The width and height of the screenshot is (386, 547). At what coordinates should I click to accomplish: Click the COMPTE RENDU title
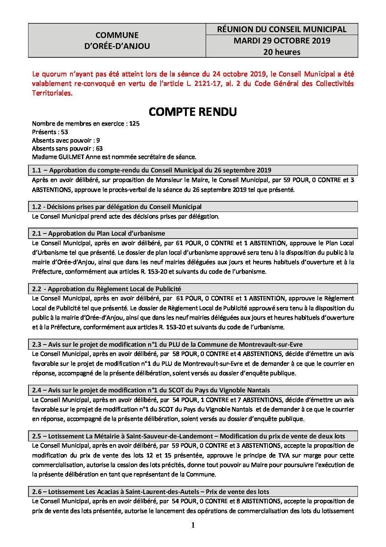(x=193, y=112)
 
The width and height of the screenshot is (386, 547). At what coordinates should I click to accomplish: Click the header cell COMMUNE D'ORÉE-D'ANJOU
(x=117, y=41)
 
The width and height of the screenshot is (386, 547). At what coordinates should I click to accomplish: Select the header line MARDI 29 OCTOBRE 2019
(x=282, y=41)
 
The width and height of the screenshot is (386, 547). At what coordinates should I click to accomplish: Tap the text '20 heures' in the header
(x=282, y=52)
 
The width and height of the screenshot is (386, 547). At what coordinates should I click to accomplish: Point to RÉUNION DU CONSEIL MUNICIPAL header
(x=282, y=29)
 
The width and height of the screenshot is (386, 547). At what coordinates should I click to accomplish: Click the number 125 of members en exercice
(x=134, y=124)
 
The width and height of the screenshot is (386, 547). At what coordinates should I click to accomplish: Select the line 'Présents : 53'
(x=50, y=132)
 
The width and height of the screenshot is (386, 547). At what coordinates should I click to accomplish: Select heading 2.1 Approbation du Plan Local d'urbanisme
(x=99, y=233)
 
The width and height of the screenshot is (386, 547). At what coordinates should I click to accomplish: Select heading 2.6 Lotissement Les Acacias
(x=151, y=491)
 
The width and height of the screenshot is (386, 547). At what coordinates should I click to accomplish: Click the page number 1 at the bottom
(x=193, y=526)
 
